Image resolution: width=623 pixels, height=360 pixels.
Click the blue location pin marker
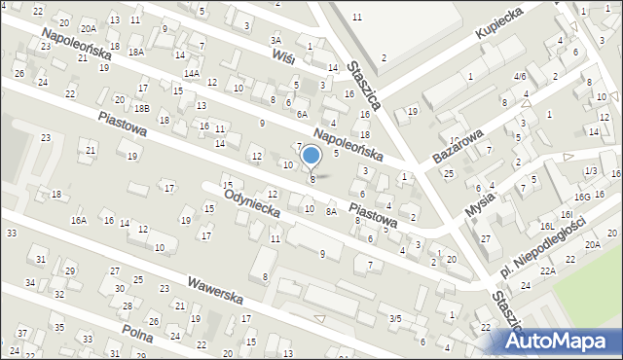click(311, 155)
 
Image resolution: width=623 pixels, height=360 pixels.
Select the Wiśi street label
click(284, 57)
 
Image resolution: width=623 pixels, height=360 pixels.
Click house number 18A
click(135, 51)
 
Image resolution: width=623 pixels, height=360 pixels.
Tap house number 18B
click(142, 108)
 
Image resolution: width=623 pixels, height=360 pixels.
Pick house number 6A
click(302, 113)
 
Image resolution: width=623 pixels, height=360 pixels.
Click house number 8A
click(331, 211)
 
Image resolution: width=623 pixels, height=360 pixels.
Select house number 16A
click(78, 221)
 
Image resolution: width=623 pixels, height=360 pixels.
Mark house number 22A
click(548, 270)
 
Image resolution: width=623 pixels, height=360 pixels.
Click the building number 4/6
click(520, 76)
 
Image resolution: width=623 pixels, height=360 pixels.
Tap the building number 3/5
click(395, 318)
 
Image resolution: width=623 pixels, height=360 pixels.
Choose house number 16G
click(583, 197)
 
